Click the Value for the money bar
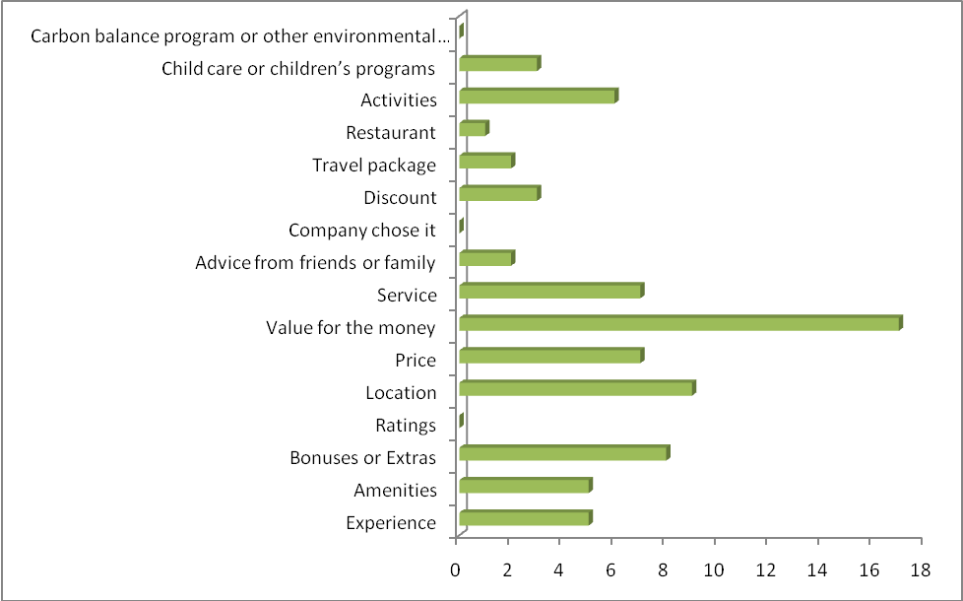[679, 324]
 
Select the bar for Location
[576, 389]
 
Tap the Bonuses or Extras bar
[563, 454]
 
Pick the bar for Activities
[538, 97]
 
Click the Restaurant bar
[473, 129]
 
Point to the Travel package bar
[485, 162]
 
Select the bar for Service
[550, 292]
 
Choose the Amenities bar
[525, 487]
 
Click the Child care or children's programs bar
[499, 64]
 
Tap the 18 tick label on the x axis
[921, 569]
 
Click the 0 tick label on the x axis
[456, 569]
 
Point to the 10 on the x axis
[714, 569]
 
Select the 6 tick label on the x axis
[610, 569]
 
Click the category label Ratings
[406, 426]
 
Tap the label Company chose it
[362, 231]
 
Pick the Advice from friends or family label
[315, 263]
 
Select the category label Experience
[391, 523]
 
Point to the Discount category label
[400, 198]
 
